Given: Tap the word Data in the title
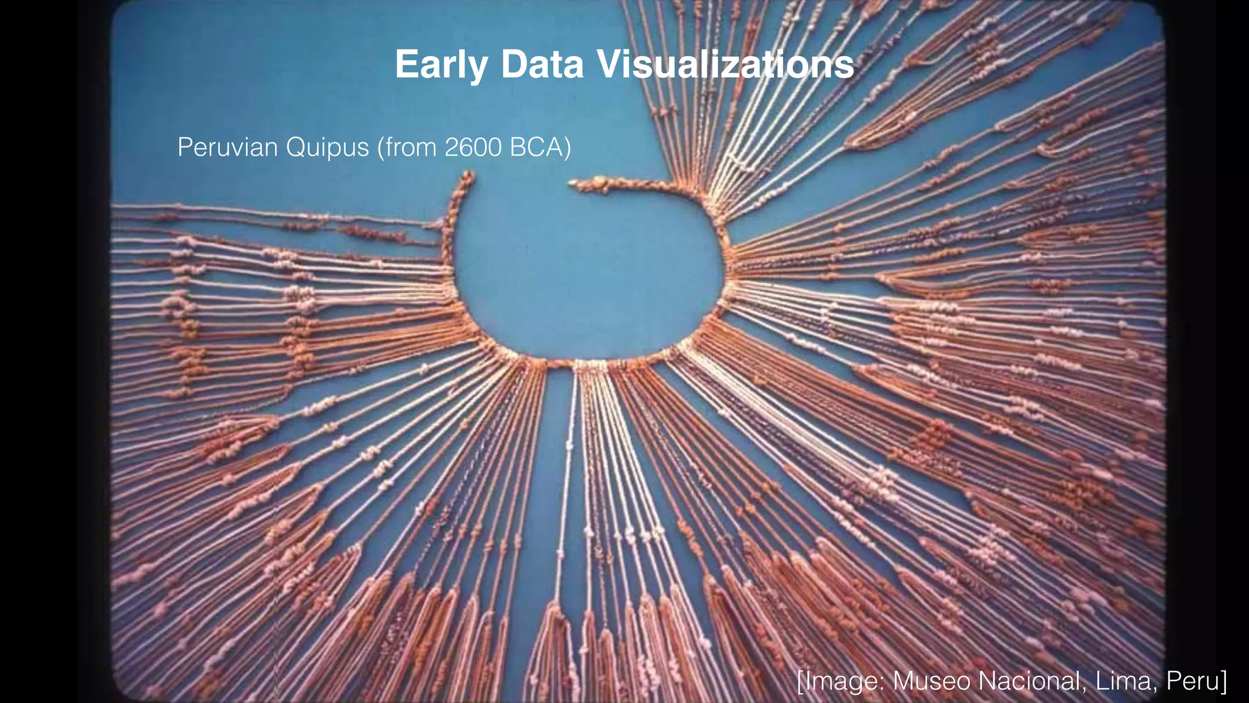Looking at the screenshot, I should pos(542,65).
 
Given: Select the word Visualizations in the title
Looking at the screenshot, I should pos(725,65).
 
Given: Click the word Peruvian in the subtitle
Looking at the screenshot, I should pos(226,148).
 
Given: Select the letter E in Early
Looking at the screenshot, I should pos(405,65).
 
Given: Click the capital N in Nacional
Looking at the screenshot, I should pos(989,680).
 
